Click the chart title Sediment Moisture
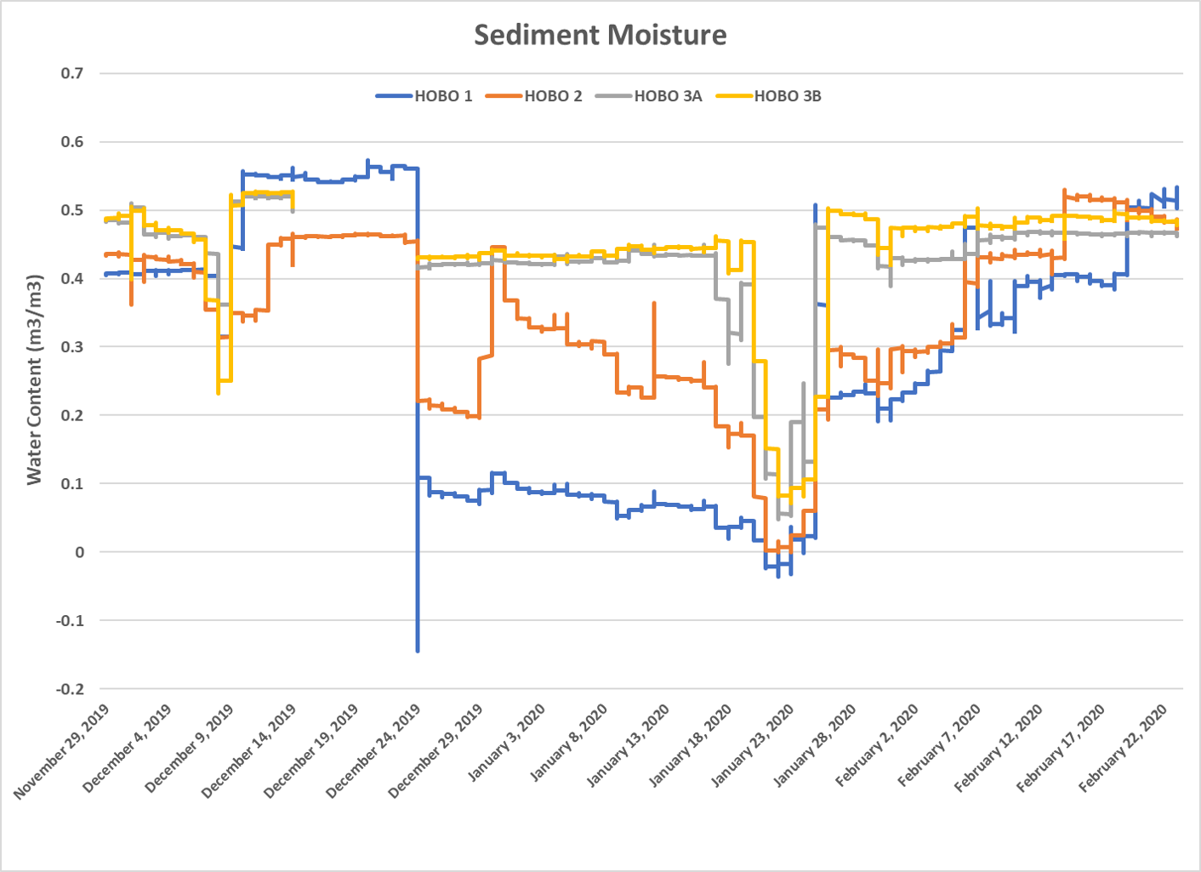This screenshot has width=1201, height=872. click(x=600, y=35)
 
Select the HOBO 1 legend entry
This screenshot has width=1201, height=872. click(x=425, y=96)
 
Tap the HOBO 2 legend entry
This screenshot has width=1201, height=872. click(x=535, y=96)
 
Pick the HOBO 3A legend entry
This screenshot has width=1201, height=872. click(x=650, y=96)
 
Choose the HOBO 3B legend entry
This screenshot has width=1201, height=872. click(x=770, y=96)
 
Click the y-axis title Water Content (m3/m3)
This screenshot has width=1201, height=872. click(x=34, y=379)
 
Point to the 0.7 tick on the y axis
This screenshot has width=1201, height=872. click(x=72, y=74)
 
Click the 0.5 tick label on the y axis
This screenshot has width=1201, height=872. click(x=72, y=210)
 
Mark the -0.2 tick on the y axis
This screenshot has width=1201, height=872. click(x=70, y=689)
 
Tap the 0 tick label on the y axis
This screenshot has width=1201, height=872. click(x=80, y=552)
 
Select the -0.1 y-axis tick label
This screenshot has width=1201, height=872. click(x=70, y=620)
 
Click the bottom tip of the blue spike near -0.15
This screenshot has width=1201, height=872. click(x=418, y=651)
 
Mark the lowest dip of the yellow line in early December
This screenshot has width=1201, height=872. click(x=219, y=392)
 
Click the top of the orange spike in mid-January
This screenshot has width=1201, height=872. click(x=654, y=303)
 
